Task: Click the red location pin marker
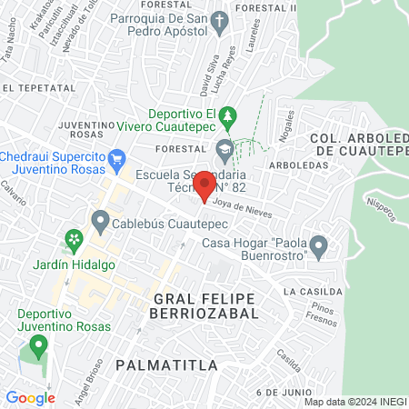tap(204, 185)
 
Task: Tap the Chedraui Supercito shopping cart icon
tap(116, 159)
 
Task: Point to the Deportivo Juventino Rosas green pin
tap(38, 346)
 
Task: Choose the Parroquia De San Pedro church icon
tap(219, 21)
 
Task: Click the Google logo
tap(30, 397)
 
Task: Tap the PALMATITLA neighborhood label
tap(167, 365)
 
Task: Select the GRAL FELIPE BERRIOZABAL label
tap(205, 304)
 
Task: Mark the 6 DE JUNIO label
tap(284, 391)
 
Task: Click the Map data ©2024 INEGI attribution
tap(354, 401)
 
